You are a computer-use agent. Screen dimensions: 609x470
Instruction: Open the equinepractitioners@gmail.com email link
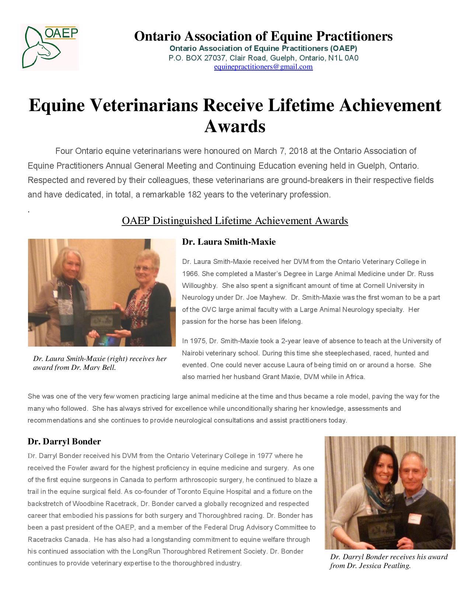263,67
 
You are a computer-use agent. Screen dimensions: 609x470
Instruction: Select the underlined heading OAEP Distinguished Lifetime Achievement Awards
235,221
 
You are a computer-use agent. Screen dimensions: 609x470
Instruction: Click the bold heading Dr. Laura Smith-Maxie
229,242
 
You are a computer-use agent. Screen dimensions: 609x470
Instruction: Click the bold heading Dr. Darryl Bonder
64,441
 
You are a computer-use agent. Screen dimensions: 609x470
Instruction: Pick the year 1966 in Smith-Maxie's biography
190,273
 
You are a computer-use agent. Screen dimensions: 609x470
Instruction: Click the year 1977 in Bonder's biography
265,455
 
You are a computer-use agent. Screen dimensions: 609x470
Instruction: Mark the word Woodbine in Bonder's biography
88,503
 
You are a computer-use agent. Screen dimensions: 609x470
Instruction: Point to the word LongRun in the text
147,551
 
